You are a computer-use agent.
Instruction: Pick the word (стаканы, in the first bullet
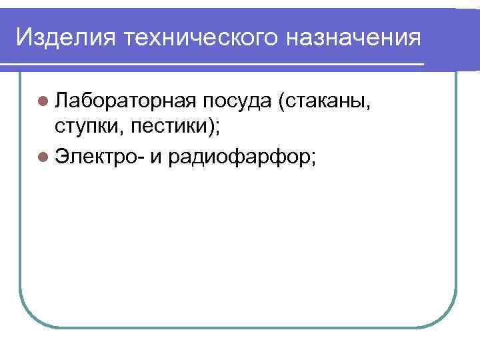pyautogui.click(x=327, y=102)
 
